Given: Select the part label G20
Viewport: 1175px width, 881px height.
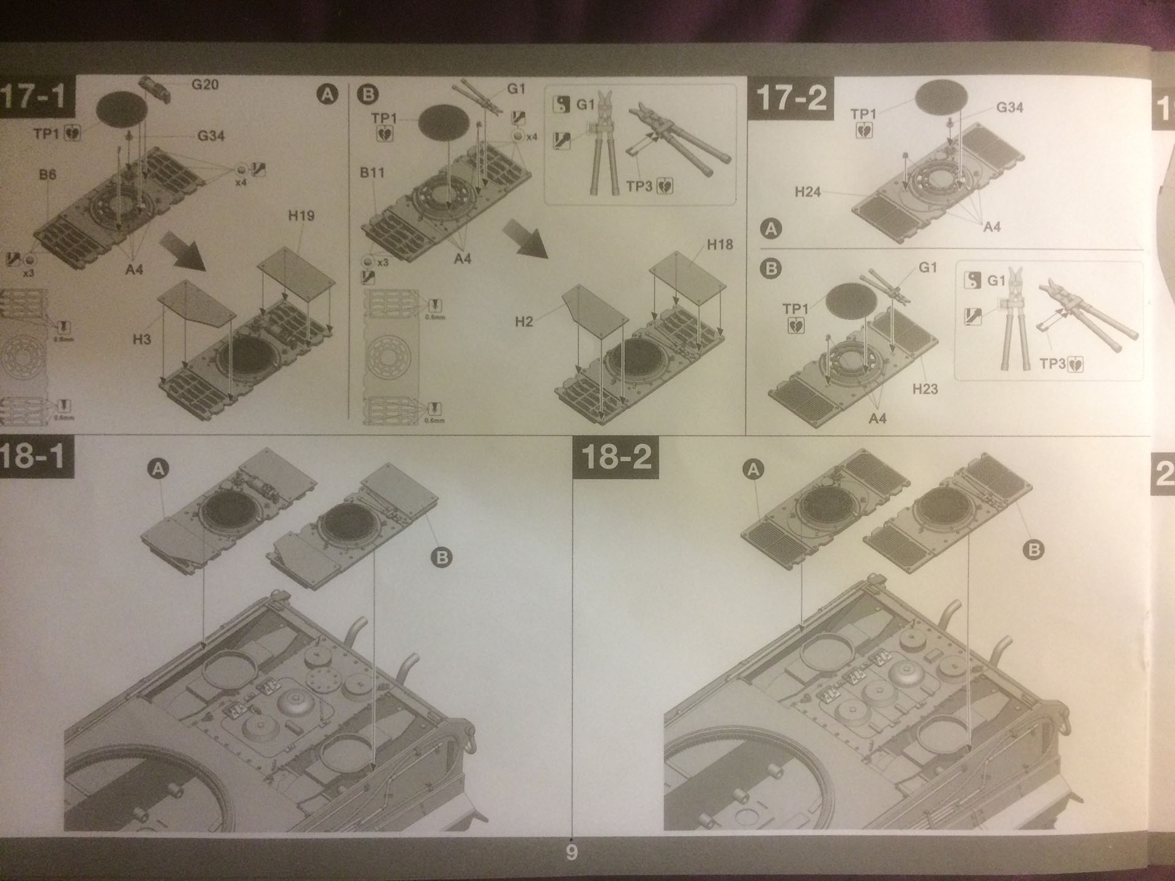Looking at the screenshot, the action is coord(204,84).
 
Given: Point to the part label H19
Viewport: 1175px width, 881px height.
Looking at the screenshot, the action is coord(300,215).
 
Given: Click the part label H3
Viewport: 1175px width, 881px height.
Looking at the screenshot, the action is coord(141,339).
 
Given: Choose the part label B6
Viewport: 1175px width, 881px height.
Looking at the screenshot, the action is coord(47,174).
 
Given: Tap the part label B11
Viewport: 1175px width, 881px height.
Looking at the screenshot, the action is coord(372,173).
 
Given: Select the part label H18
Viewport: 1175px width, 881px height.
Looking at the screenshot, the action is coord(720,245).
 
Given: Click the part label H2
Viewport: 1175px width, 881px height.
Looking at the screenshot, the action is coord(524,322).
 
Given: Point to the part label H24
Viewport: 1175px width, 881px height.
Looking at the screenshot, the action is coord(807,192).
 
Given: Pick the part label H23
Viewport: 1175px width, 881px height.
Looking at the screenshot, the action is coord(925,388).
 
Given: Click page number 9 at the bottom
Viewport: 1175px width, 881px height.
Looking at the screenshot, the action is coord(572,853).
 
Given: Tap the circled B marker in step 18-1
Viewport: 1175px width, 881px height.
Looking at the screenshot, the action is coord(441,557).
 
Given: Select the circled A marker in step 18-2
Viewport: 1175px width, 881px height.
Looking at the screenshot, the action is coord(753,470).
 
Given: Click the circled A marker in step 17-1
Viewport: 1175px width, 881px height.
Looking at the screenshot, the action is coord(328,94).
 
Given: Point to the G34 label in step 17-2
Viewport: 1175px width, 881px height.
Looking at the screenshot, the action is coord(1009,108).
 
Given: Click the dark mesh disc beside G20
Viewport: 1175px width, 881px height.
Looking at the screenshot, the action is coord(122,109).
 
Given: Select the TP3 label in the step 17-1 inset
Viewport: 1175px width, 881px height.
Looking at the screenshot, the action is coord(639,185).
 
